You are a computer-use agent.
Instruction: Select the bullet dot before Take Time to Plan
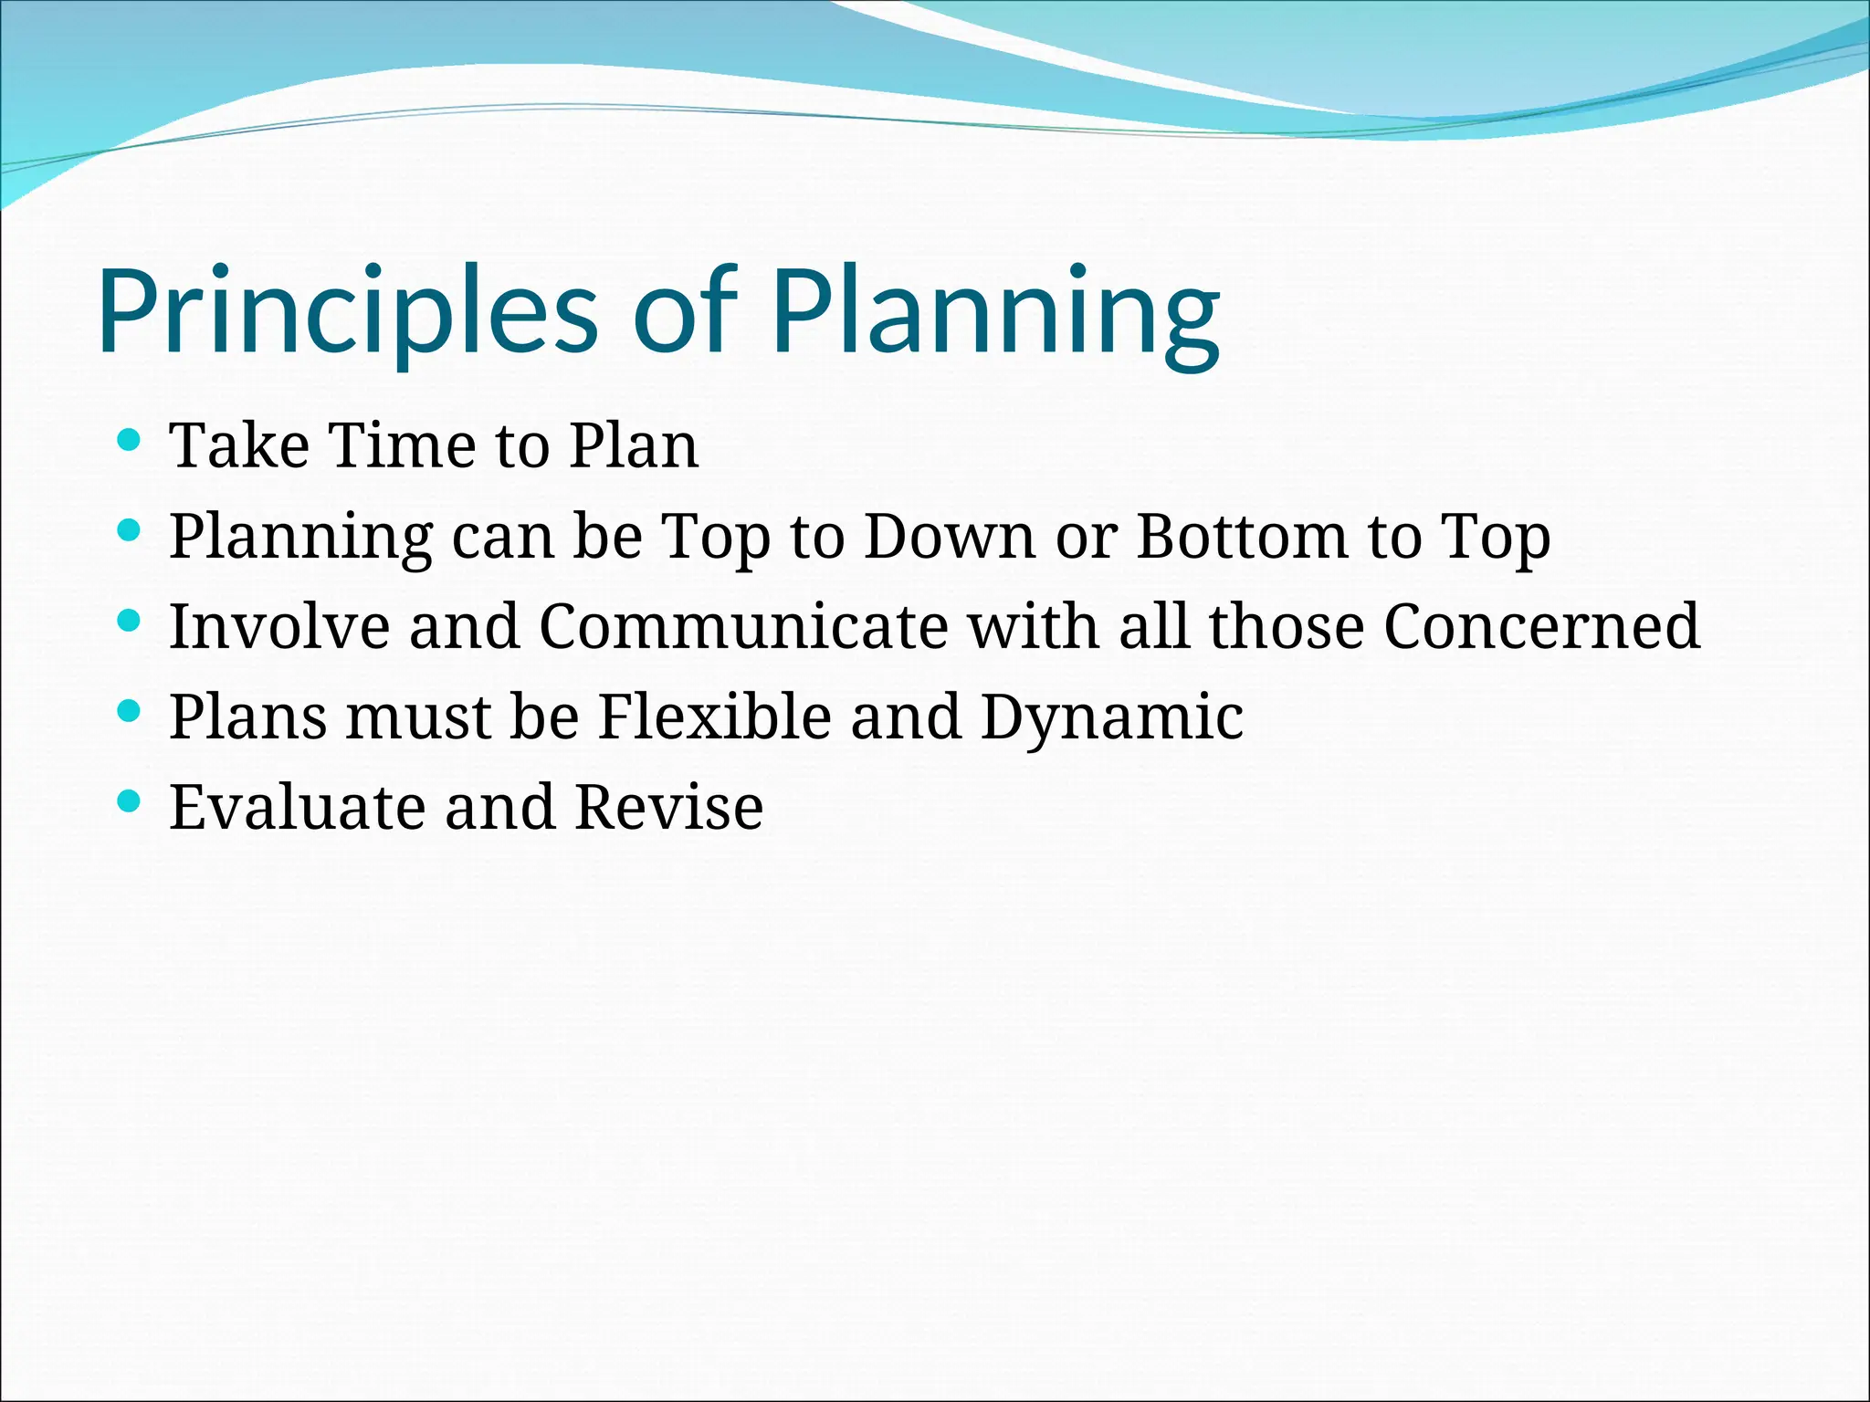pos(130,441)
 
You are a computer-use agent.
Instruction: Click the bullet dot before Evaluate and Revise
pos(130,801)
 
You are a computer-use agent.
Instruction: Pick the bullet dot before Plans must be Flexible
pos(130,711)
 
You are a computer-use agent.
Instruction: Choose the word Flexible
pos(714,717)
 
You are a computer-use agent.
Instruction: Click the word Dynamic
pos(1111,717)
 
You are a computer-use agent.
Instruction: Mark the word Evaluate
pos(297,807)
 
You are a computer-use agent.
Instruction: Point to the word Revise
pos(669,807)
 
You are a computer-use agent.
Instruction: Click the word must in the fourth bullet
pos(419,717)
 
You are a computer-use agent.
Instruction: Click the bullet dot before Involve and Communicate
pos(130,621)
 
